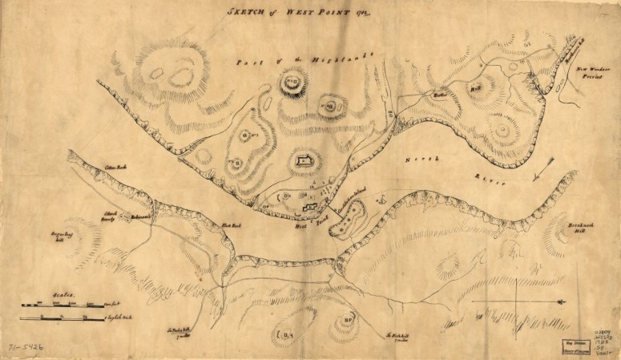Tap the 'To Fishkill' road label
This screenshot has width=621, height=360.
coord(398,337)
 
